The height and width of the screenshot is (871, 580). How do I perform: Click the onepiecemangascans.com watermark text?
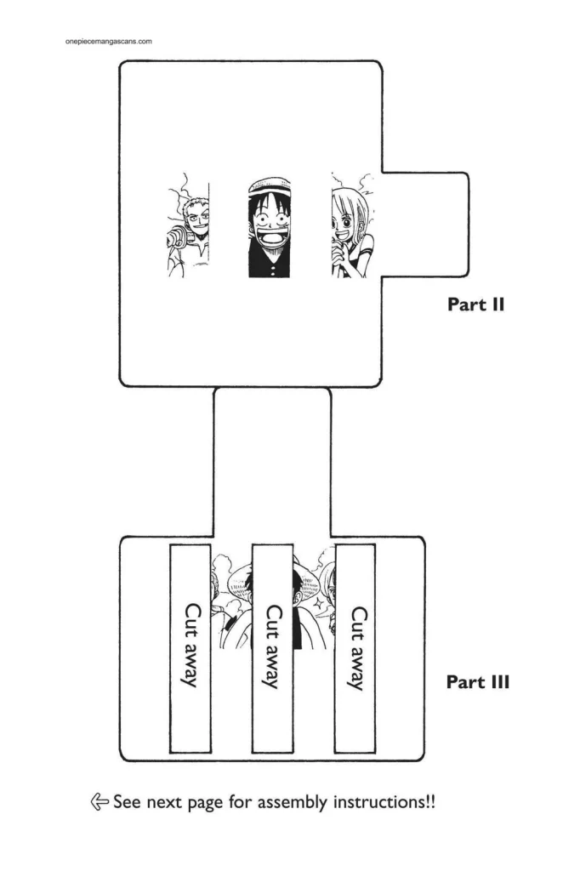coord(108,40)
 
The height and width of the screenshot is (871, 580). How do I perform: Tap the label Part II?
coord(475,304)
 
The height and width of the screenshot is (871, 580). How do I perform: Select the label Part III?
coord(477,681)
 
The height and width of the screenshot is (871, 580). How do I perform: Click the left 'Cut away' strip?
coord(190,647)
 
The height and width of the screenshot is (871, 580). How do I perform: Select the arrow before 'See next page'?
coord(100,801)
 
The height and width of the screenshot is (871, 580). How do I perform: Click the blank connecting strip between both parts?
coord(272,459)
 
